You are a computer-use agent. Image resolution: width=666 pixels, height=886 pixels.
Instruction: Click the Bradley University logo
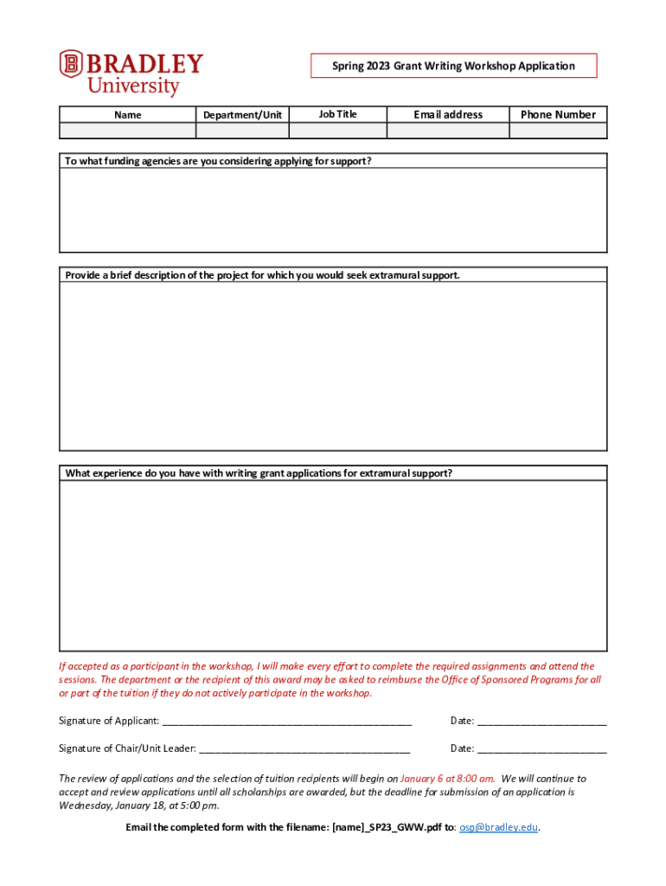(x=131, y=74)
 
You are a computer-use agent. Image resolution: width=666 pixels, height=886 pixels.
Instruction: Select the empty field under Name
(x=127, y=131)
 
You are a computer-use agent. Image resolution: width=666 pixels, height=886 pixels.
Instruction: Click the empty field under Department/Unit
(x=242, y=131)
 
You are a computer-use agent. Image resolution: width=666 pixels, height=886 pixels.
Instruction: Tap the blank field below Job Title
(x=337, y=131)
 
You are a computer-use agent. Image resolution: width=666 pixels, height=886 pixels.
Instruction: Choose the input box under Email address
(x=447, y=131)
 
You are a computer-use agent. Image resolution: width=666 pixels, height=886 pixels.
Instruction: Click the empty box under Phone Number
(x=558, y=131)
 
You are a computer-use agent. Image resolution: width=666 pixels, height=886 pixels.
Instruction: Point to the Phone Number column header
(x=558, y=114)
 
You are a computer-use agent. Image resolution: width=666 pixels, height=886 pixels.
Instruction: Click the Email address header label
(x=448, y=114)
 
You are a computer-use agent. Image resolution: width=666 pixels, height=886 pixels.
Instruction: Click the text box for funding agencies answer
(x=333, y=209)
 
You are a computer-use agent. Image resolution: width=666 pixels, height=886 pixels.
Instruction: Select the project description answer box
(x=333, y=365)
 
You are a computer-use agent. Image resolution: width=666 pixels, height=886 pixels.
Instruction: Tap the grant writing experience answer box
(x=333, y=565)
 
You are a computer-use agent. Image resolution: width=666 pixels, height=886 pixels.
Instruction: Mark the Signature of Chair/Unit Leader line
(x=304, y=749)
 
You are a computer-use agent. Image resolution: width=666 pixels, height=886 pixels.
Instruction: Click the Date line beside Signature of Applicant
(x=541, y=722)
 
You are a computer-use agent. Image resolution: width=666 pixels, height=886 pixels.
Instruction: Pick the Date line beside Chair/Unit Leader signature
(x=541, y=749)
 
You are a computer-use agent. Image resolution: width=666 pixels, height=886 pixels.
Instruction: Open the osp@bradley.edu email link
(x=498, y=827)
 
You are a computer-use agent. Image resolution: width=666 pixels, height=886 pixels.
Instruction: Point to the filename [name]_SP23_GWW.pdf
(x=387, y=827)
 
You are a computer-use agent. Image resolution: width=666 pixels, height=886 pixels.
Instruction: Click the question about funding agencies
(x=218, y=161)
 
